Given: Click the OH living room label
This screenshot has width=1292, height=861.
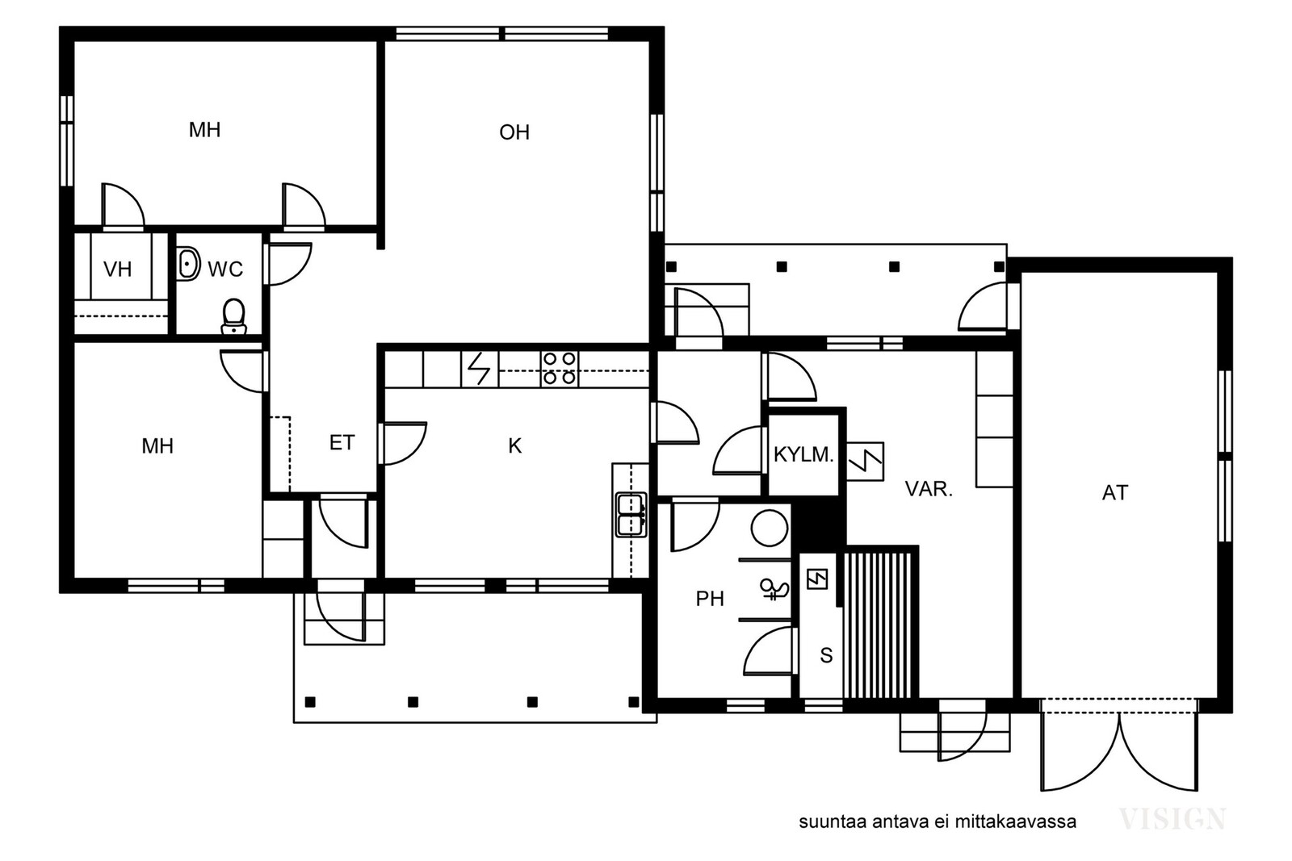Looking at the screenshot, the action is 514,132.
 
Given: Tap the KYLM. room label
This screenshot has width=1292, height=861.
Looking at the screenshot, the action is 803,454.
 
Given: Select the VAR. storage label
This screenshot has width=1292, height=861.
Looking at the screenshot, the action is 929,489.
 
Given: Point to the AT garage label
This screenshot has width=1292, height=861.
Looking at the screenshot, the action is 1115,493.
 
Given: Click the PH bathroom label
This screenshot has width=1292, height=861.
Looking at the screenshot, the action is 710,599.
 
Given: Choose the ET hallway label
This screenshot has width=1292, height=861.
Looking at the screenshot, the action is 342,442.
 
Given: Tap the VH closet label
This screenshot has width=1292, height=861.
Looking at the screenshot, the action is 117,270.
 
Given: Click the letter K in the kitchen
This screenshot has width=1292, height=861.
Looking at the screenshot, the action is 514,445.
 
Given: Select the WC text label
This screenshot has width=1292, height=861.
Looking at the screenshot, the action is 225,270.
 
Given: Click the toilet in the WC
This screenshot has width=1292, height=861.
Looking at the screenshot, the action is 233,316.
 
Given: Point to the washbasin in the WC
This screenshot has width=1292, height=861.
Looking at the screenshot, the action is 188,264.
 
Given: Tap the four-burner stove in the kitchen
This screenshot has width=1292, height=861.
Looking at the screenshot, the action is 560,368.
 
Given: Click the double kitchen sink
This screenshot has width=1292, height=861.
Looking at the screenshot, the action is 631,515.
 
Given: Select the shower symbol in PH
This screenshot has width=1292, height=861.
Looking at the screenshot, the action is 774,590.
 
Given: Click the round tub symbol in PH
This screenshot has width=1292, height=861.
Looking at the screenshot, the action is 770,527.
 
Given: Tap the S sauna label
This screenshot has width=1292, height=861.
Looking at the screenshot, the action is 826,655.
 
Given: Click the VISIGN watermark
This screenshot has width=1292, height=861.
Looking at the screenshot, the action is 1172,819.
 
